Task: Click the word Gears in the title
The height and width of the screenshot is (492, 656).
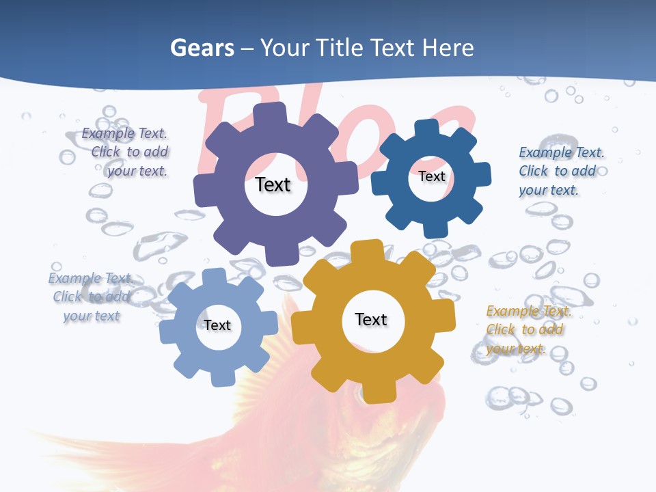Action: pos(201,48)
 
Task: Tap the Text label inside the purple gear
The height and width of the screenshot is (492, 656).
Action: pos(273,184)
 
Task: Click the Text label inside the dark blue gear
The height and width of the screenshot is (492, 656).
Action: pos(431,176)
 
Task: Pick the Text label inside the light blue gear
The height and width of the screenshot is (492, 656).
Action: pos(217,325)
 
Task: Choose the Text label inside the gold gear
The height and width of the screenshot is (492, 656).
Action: pos(371,319)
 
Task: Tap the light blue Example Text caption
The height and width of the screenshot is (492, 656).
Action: pos(92,297)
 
